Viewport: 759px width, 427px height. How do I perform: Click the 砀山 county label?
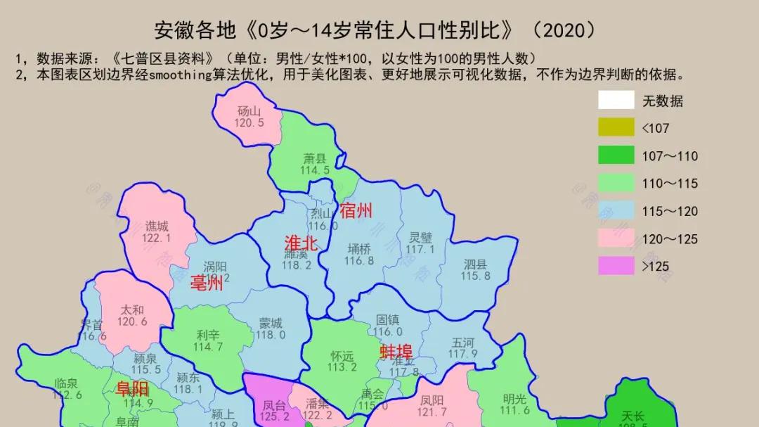pyautogui.click(x=249, y=110)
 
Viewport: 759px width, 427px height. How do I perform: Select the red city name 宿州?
pyautogui.click(x=356, y=210)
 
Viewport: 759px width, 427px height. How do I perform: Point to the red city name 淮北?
pyautogui.click(x=301, y=243)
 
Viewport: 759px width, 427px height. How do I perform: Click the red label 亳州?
pyautogui.click(x=207, y=283)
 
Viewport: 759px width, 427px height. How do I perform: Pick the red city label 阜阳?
pyautogui.click(x=133, y=389)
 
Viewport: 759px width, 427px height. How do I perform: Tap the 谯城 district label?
pyautogui.click(x=157, y=227)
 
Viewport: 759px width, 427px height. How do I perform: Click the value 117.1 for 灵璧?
pyautogui.click(x=420, y=249)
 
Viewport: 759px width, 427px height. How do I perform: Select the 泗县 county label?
pyautogui.click(x=475, y=265)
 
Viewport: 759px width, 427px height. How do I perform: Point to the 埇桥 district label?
pyautogui.click(x=359, y=248)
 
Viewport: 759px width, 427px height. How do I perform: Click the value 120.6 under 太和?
pyautogui.click(x=132, y=321)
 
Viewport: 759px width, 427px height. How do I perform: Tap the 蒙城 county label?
pyautogui.click(x=271, y=324)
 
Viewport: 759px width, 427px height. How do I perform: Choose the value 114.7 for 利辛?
pyautogui.click(x=208, y=347)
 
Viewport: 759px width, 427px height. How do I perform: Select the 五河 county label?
pyautogui.click(x=463, y=342)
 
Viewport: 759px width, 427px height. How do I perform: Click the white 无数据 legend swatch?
pyautogui.click(x=616, y=100)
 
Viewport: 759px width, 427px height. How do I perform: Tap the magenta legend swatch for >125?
pyautogui.click(x=616, y=266)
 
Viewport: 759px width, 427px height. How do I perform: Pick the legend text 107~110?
pyautogui.click(x=670, y=156)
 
